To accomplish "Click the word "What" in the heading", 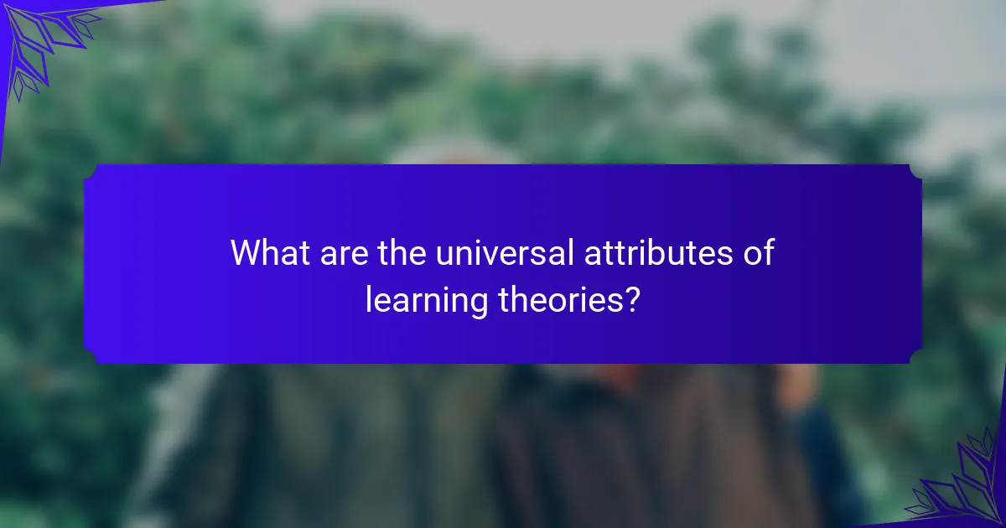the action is pyautogui.click(x=270, y=252).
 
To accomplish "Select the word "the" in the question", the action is pyautogui.click(x=402, y=252).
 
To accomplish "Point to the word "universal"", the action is pyautogui.click(x=505, y=252).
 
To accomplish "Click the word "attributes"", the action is pyautogui.click(x=658, y=252).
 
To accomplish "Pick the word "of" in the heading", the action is pyautogui.click(x=759, y=252).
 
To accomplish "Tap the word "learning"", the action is pyautogui.click(x=427, y=302).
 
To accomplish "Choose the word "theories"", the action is pyautogui.click(x=561, y=299).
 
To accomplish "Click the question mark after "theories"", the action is pyautogui.click(x=632, y=299).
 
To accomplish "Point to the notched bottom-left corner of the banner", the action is pyautogui.click(x=90, y=357).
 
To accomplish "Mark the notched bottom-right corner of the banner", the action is pyautogui.click(x=916, y=357).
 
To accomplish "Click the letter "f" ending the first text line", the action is pyautogui.click(x=769, y=252).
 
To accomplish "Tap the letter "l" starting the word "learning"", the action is pyautogui.click(x=368, y=299).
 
